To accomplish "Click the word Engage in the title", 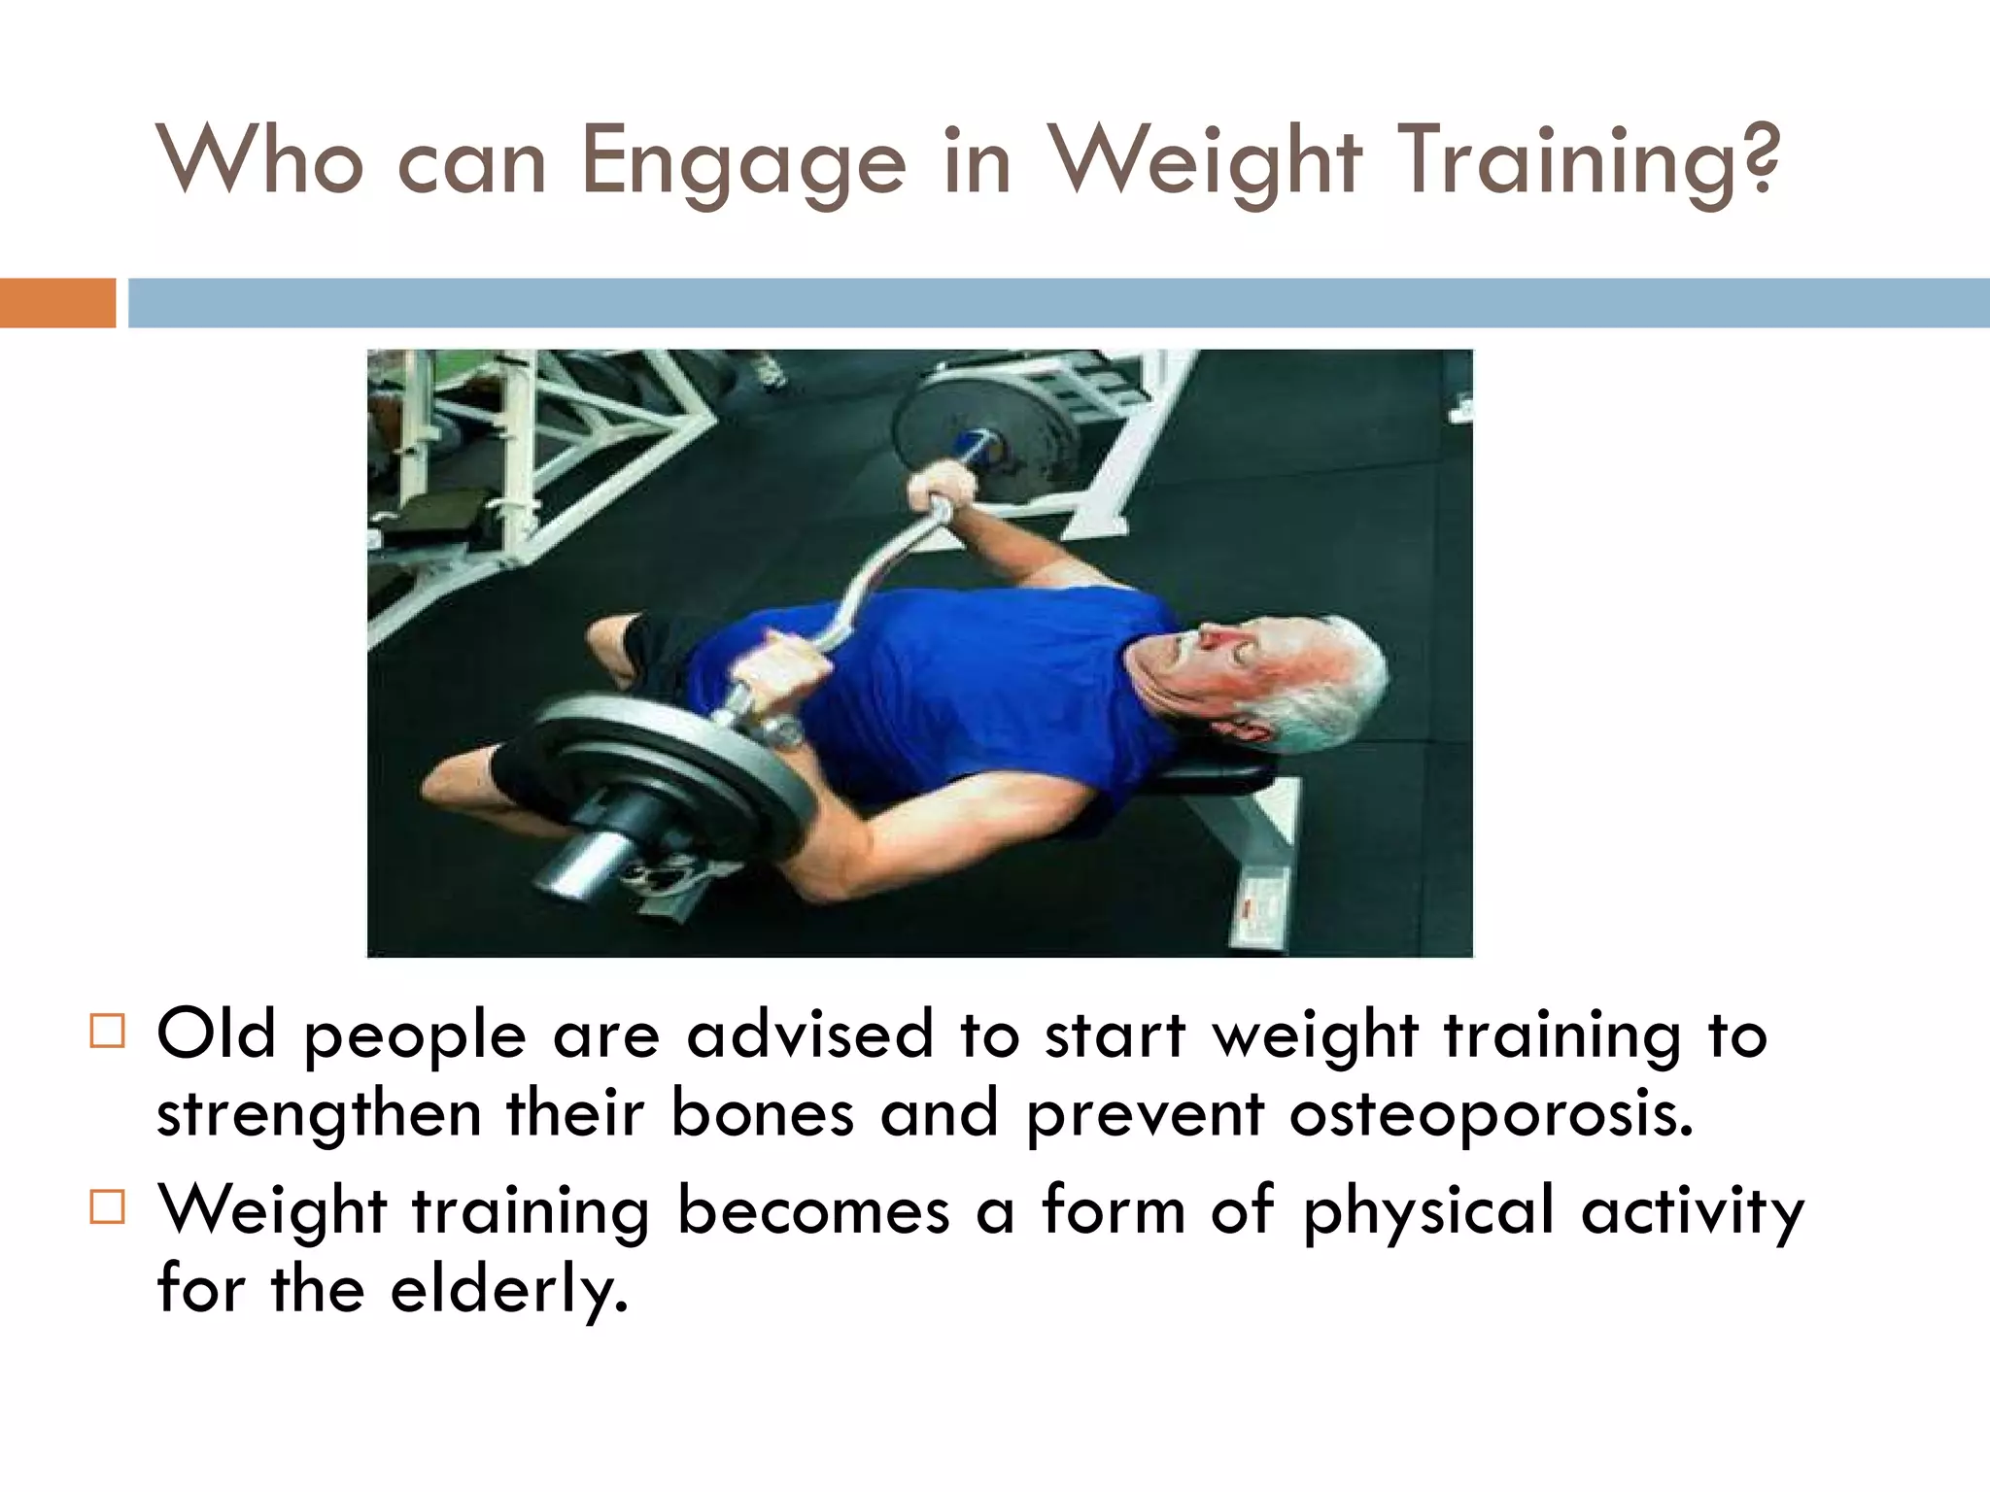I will tap(742, 162).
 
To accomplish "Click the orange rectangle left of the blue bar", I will tap(57, 303).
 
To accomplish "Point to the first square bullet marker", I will tap(107, 1031).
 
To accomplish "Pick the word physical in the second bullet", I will tap(1428, 1212).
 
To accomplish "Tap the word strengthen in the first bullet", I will tap(319, 1114).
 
